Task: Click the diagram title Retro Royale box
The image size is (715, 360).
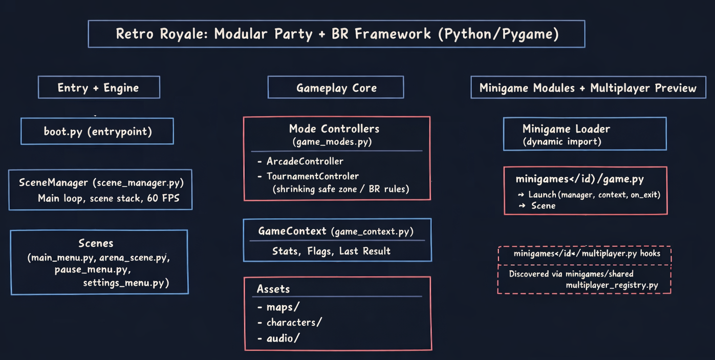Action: point(337,34)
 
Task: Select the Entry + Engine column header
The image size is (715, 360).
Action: point(99,88)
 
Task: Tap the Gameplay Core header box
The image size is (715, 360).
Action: point(336,88)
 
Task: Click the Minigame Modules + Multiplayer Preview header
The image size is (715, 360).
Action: point(588,88)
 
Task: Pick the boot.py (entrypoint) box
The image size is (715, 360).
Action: point(97,131)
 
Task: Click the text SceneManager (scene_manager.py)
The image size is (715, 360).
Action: point(101,182)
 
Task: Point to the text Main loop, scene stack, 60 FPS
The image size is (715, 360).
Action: point(109,198)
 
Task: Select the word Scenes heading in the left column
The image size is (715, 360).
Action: point(96,243)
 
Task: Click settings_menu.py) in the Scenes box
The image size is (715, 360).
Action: point(126,282)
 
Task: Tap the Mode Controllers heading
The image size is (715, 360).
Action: point(334,129)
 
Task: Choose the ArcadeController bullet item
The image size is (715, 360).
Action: point(305,161)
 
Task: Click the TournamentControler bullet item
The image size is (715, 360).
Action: point(312,176)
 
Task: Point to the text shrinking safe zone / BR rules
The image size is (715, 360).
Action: point(340,189)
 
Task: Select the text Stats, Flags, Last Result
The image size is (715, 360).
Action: point(331,251)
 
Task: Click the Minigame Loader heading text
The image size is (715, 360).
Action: point(566,129)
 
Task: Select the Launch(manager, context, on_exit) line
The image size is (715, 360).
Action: point(594,195)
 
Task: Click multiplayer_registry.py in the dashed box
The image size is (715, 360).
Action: point(612,285)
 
